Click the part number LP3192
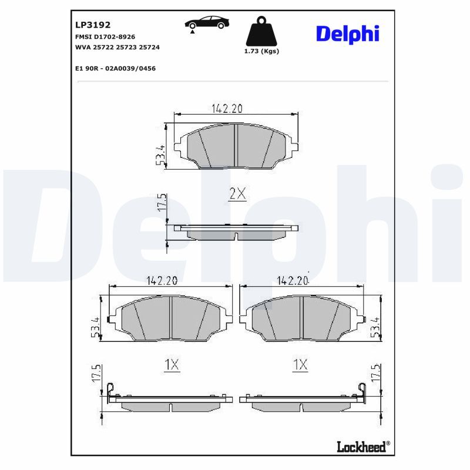93,25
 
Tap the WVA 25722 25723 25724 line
117,47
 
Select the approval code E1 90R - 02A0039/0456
115,68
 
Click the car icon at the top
207,23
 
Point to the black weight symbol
261,32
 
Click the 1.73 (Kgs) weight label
261,51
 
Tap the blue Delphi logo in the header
347,33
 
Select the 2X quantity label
237,194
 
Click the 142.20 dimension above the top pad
226,108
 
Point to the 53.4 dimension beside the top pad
160,154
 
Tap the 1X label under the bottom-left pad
171,365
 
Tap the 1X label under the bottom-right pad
300,365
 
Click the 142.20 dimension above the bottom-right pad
292,281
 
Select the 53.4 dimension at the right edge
374,327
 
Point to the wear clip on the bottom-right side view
362,390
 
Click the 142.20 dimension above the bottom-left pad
162,281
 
